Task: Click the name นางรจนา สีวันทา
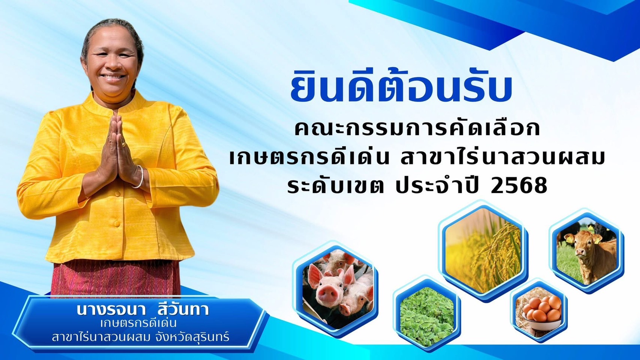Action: (143, 310)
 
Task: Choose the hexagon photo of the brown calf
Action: (587, 251)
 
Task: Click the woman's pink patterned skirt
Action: (116, 279)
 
